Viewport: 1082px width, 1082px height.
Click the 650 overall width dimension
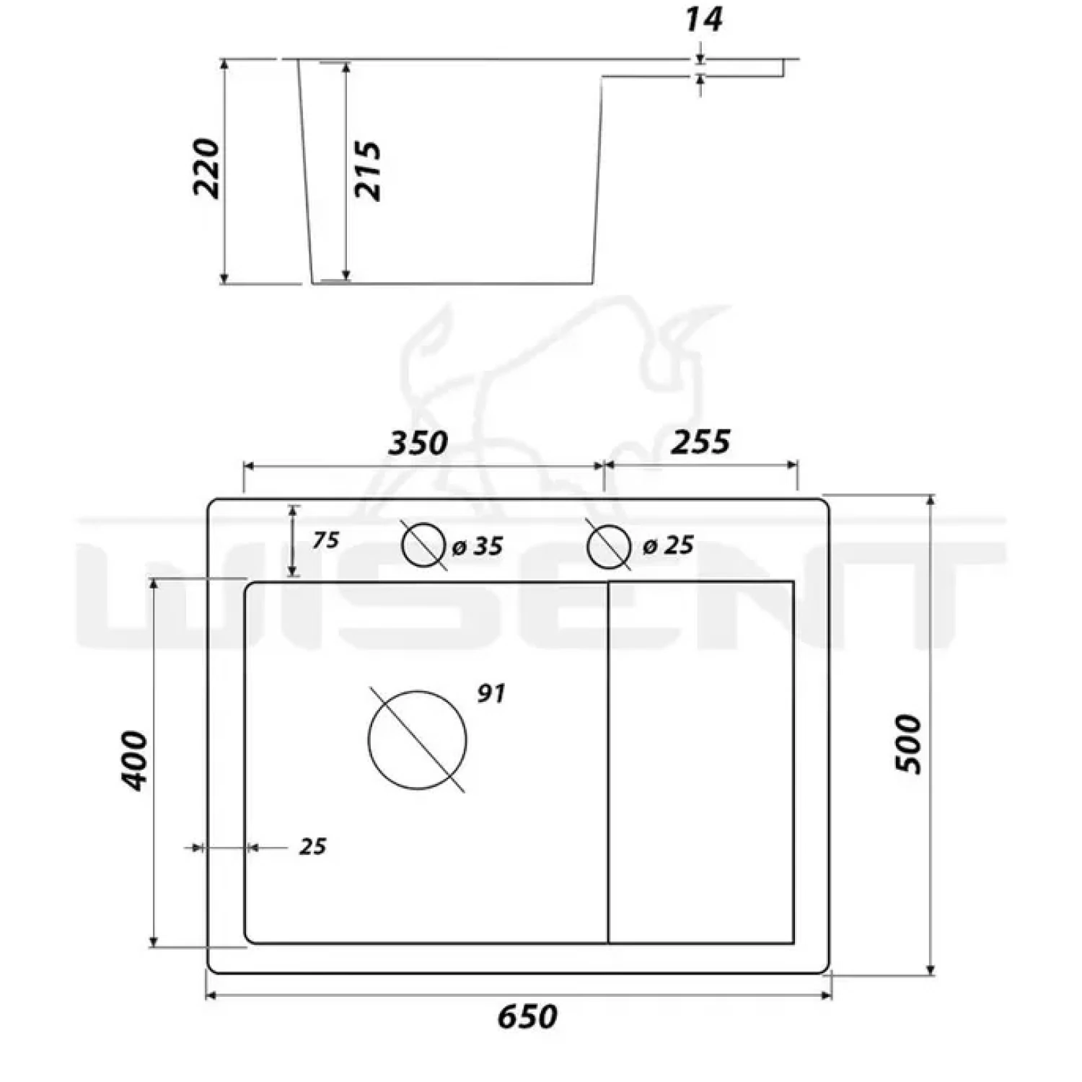point(527,1017)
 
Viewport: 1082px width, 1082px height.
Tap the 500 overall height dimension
point(909,744)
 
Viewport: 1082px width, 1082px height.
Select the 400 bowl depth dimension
point(133,761)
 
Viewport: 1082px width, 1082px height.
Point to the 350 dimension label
point(418,443)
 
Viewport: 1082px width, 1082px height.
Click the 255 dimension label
point(700,441)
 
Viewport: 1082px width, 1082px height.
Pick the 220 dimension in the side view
point(206,168)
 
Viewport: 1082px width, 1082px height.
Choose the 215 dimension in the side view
point(367,171)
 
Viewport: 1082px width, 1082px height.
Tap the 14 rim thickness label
point(703,19)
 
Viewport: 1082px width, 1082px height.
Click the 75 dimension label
point(326,540)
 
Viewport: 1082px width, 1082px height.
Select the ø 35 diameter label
point(478,546)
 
